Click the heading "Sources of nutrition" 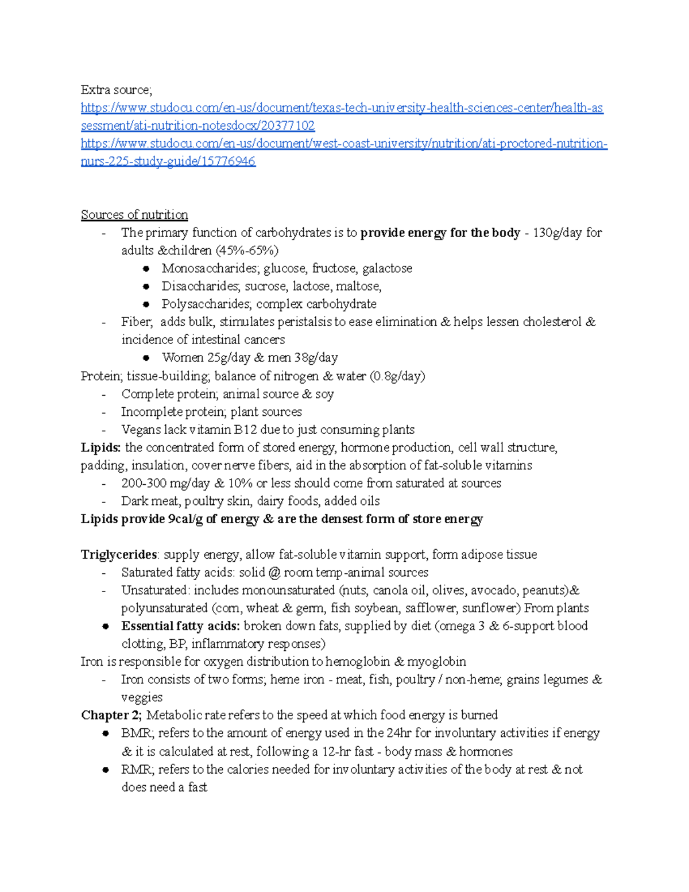134,215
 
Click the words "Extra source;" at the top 116,90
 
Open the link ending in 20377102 198,126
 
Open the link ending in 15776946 168,161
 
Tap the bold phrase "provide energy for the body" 440,233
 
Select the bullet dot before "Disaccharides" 146,286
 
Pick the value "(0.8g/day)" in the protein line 398,376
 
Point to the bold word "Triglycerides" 119,555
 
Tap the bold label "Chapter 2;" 111,715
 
